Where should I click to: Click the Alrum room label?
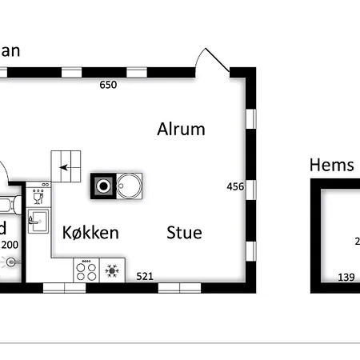click(181, 129)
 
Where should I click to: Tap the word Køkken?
click(90, 233)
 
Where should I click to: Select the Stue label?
click(184, 233)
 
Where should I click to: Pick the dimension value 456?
click(235, 186)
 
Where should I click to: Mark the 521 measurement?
click(144, 277)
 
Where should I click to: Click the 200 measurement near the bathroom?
click(9, 245)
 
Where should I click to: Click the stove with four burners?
click(86, 270)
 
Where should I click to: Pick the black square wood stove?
click(103, 186)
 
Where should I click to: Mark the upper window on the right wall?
click(250, 118)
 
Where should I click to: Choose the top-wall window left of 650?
click(73, 71)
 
